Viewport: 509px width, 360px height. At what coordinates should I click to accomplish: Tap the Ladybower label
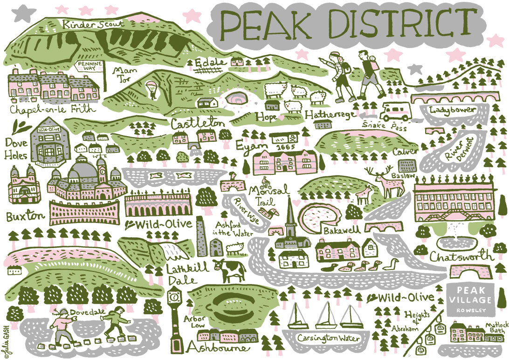coord(453,110)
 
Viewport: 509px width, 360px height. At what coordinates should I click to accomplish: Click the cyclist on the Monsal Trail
coord(266,181)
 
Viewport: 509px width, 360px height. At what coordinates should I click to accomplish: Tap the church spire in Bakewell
coord(290,219)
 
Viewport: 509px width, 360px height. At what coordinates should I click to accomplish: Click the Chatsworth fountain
coord(454,238)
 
